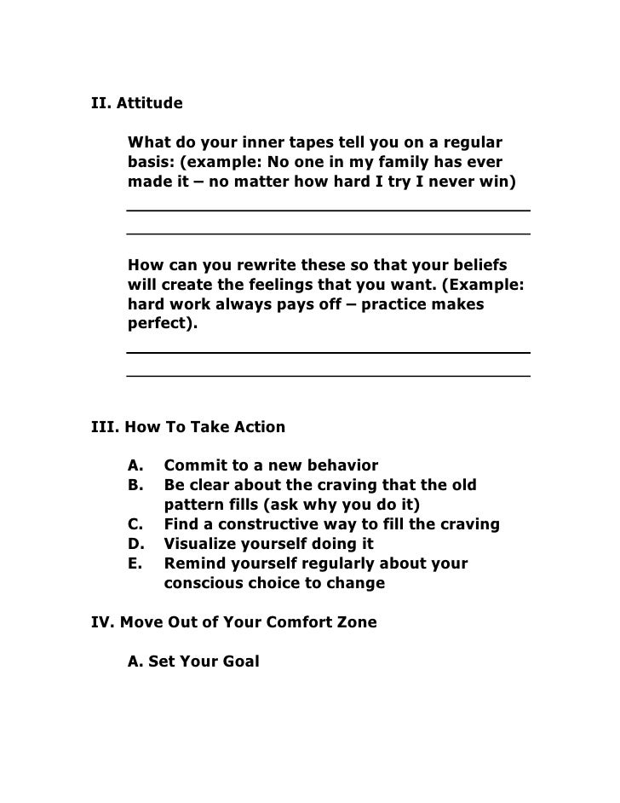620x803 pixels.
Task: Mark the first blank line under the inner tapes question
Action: coord(328,210)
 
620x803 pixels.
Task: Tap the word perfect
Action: coord(159,326)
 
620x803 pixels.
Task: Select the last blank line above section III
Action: coord(328,375)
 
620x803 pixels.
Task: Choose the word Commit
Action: coord(192,465)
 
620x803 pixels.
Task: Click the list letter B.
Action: coord(135,485)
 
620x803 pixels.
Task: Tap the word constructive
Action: coord(255,524)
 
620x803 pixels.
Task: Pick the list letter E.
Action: coord(135,564)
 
